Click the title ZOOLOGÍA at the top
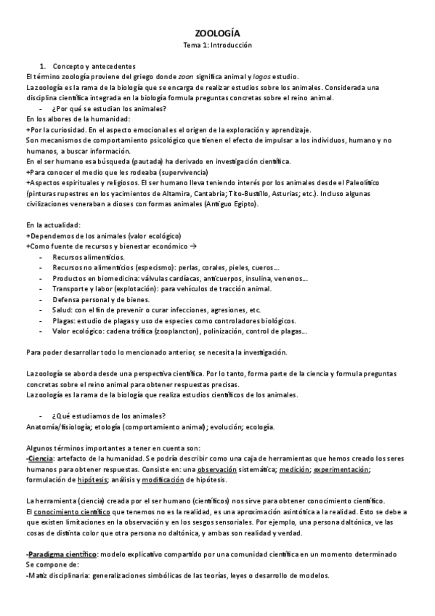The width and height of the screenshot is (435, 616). pyautogui.click(x=217, y=33)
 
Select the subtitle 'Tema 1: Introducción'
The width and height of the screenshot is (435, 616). pyautogui.click(x=217, y=44)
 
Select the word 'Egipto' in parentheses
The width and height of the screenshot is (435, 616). pyautogui.click(x=238, y=205)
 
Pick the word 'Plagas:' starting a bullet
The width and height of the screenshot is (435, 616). pyautogui.click(x=65, y=320)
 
